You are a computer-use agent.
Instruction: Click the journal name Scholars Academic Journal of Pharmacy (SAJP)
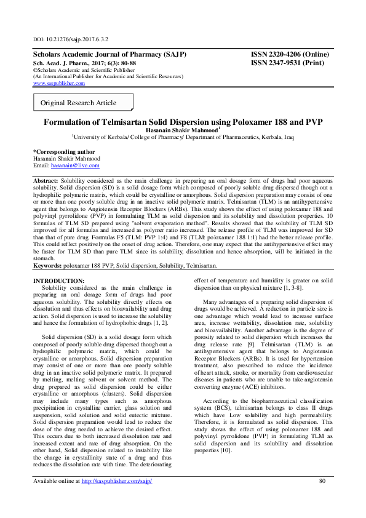click(x=109, y=54)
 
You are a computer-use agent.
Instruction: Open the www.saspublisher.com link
click(x=58, y=83)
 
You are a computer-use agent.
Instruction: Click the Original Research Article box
click(x=78, y=103)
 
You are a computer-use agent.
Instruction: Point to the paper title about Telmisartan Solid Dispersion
click(x=183, y=122)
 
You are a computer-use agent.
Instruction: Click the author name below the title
click(x=182, y=130)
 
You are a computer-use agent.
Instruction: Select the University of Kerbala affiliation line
click(x=183, y=138)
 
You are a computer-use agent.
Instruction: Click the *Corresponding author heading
click(x=63, y=151)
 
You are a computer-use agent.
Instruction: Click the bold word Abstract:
click(x=46, y=181)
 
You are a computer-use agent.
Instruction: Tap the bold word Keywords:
click(x=49, y=265)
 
